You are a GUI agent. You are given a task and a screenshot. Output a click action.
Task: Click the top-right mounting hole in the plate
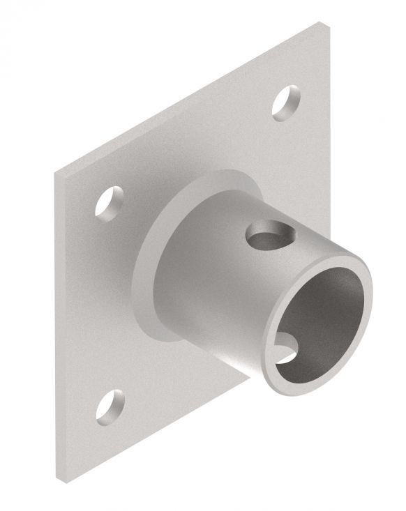coord(285,104)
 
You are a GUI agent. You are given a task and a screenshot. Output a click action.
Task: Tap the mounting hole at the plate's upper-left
coord(107,203)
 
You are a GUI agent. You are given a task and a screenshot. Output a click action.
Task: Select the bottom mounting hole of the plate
coord(110,406)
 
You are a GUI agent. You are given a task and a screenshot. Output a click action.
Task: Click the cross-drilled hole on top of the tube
coord(267,234)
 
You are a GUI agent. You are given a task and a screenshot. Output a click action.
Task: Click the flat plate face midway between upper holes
coord(195,146)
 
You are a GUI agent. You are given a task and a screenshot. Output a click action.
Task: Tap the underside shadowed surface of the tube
coord(230,349)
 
